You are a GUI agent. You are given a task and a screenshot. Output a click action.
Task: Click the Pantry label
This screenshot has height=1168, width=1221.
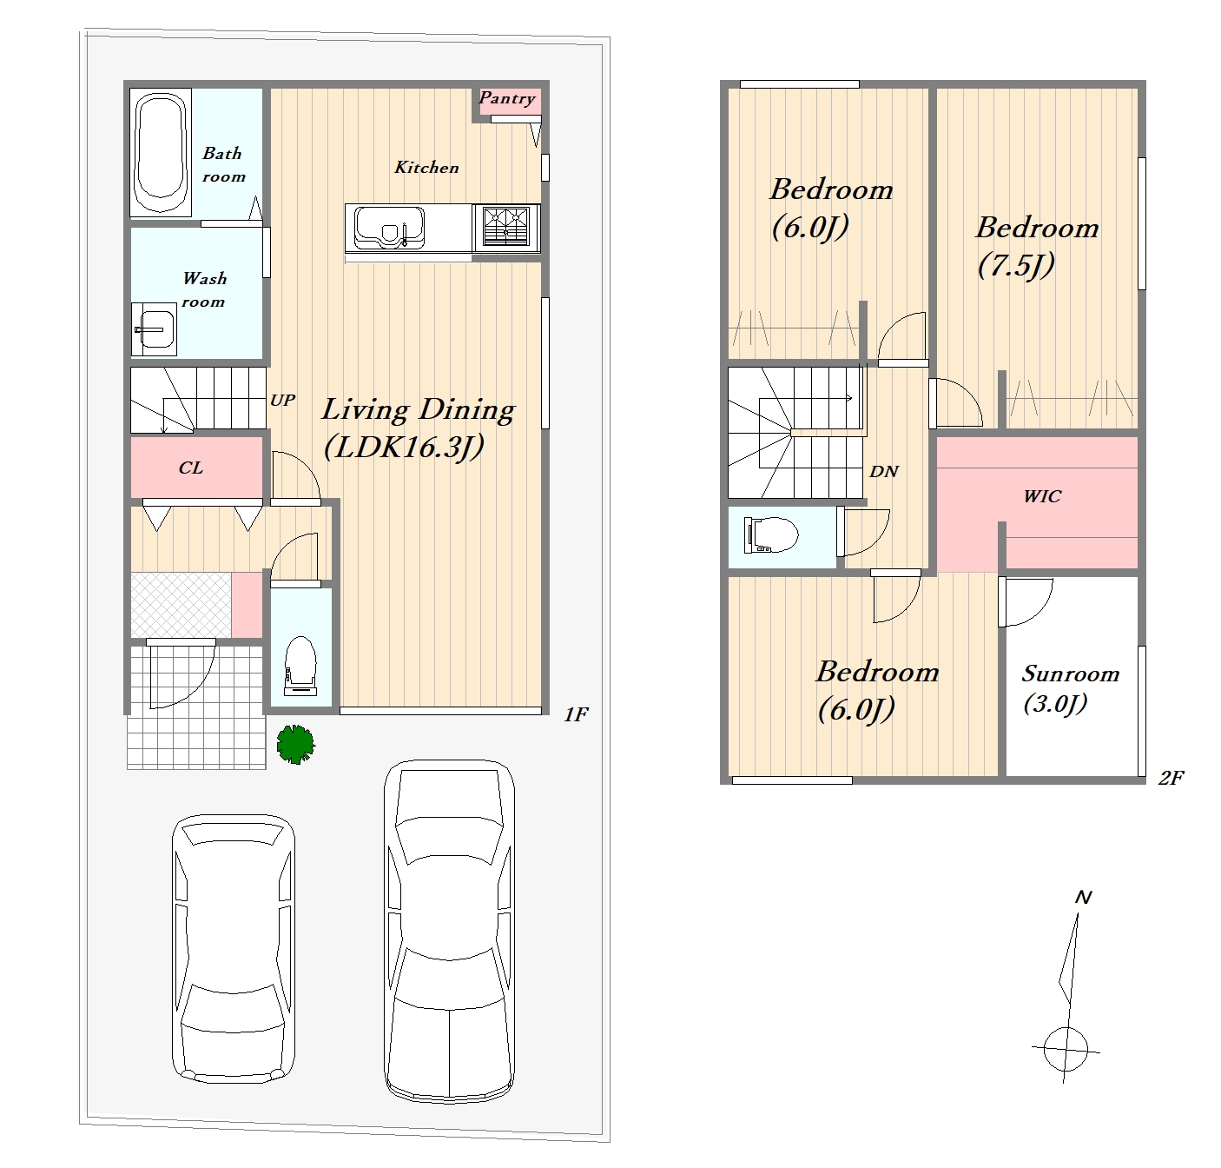[x=507, y=98]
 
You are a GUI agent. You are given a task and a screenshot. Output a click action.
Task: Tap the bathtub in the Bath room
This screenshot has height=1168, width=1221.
[x=161, y=153]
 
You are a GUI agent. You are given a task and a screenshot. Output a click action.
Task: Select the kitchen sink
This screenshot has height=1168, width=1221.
[x=389, y=228]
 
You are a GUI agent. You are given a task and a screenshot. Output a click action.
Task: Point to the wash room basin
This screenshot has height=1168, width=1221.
[x=154, y=328]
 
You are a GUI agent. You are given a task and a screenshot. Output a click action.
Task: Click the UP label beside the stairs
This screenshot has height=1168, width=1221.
[x=282, y=401]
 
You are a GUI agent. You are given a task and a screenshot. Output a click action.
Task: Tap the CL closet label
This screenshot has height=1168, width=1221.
[x=191, y=468]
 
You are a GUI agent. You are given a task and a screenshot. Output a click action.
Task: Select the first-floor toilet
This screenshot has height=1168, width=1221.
[x=300, y=666]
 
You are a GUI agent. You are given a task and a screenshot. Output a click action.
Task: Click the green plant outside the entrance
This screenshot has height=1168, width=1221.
[x=295, y=744]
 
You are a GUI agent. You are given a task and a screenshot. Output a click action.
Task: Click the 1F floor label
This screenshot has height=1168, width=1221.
[x=576, y=714]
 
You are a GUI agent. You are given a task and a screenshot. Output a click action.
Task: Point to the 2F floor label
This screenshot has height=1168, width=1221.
[x=1171, y=778]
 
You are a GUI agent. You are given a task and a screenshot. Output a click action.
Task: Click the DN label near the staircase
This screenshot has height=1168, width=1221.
[x=884, y=471]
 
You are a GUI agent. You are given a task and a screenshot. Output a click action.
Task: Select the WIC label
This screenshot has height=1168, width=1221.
[x=1042, y=496]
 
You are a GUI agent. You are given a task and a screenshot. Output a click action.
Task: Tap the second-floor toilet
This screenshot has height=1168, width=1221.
[x=770, y=535]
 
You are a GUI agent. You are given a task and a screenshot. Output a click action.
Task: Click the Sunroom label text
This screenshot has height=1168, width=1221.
[x=1071, y=674]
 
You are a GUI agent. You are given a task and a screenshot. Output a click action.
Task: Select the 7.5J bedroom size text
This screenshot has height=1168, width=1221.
[x=1016, y=265]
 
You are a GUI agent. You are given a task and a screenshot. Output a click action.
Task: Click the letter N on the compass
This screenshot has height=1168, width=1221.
[x=1083, y=898]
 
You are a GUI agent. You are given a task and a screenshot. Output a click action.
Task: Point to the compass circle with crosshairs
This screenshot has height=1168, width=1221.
[x=1066, y=1049]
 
